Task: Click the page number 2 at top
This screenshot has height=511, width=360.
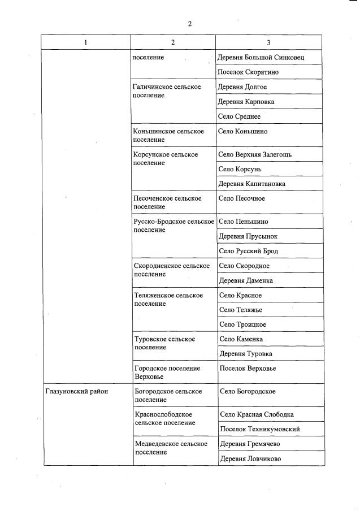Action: (190, 24)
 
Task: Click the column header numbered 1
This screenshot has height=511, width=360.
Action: (86, 42)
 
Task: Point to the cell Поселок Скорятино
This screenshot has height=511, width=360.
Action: (248, 72)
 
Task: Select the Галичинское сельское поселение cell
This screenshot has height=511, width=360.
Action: (167, 91)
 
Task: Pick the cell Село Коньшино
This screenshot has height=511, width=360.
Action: (243, 131)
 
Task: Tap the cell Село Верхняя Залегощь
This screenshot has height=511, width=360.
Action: (255, 154)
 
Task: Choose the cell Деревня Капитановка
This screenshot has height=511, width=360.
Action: (251, 184)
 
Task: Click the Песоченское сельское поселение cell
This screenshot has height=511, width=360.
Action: (167, 202)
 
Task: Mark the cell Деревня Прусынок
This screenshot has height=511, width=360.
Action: (248, 236)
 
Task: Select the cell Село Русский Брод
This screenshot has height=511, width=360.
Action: (248, 250)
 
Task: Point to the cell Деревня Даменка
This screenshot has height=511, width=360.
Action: (246, 280)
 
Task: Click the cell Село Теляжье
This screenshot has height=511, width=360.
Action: (241, 310)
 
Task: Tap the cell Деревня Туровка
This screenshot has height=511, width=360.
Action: (245, 354)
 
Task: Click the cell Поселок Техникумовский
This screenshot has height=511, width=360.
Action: (259, 429)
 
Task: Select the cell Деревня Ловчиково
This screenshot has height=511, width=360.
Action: (250, 458)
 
